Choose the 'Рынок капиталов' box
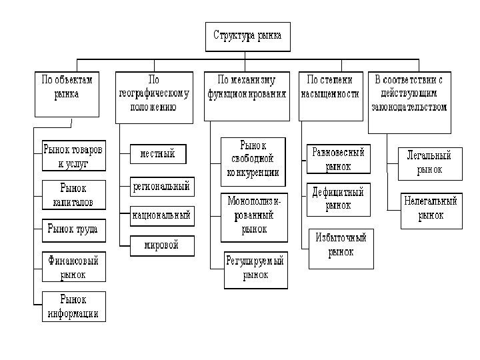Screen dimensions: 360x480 coord(73,195)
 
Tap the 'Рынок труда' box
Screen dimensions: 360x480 coord(73,230)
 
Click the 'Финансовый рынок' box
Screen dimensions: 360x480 coord(73,265)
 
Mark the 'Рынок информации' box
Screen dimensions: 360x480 coord(73,306)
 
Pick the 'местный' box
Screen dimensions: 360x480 coord(157,154)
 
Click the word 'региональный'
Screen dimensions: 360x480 coord(161,187)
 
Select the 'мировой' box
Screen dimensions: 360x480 coord(162,245)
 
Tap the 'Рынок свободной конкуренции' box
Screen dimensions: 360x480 coord(253,161)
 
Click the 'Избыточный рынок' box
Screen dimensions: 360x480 coord(341,245)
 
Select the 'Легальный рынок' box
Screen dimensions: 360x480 coord(429,163)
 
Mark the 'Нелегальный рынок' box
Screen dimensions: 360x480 coord(430,208)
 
